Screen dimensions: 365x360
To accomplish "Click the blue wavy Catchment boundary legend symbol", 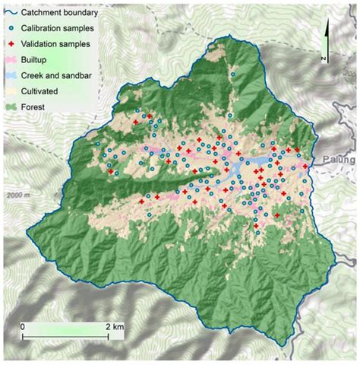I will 11,13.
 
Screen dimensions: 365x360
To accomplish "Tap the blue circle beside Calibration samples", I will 11,29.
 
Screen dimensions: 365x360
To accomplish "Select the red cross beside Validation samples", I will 11,45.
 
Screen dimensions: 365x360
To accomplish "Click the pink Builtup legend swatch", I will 11,60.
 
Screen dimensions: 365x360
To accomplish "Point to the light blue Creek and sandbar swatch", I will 11,76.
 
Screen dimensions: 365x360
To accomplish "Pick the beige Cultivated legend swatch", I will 11,91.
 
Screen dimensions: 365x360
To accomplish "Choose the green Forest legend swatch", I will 11,107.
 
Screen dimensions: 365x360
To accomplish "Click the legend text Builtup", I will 36,60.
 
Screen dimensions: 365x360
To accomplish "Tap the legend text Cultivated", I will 43,91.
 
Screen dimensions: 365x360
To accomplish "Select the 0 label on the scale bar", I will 23,326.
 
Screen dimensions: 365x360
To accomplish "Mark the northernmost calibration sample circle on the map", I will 233,75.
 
